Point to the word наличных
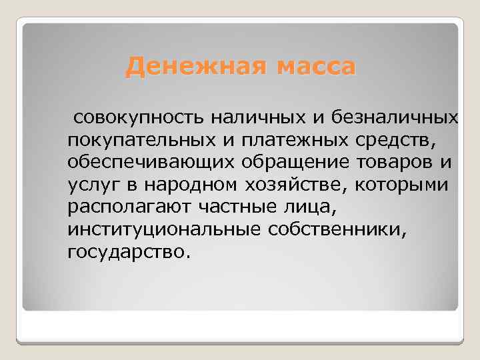[261, 118]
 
